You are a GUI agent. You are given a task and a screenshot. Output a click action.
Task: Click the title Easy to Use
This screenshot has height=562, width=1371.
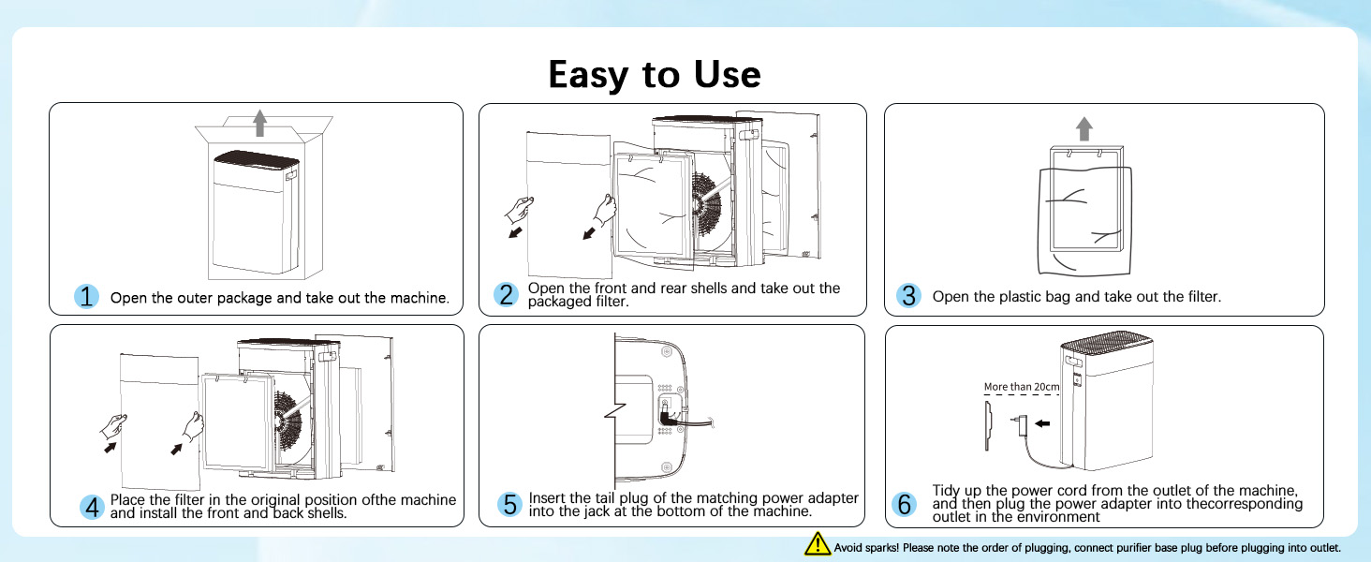tap(655, 74)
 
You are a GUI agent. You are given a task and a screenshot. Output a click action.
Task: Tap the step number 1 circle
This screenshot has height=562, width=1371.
tap(87, 297)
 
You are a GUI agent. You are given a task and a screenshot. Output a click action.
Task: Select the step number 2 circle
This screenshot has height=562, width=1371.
tap(507, 295)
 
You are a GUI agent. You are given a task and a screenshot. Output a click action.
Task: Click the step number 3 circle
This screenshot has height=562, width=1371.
tap(907, 296)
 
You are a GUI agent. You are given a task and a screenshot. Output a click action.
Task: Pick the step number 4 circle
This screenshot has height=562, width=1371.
tap(92, 507)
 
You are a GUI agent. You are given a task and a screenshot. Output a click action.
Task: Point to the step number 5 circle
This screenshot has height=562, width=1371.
tap(509, 505)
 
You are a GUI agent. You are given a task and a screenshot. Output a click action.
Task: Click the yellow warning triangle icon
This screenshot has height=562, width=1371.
tap(817, 544)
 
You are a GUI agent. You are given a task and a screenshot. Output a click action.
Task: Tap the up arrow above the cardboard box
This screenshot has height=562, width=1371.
tap(260, 122)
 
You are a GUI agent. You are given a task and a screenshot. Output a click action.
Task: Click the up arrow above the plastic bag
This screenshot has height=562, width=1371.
tap(1084, 128)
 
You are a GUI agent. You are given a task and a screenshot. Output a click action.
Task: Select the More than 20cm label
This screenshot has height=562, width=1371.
tap(1022, 387)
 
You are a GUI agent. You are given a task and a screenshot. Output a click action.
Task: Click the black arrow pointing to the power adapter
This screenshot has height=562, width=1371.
tap(1042, 423)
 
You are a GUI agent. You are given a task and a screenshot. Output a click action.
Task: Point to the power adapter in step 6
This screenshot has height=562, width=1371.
tap(1019, 423)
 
